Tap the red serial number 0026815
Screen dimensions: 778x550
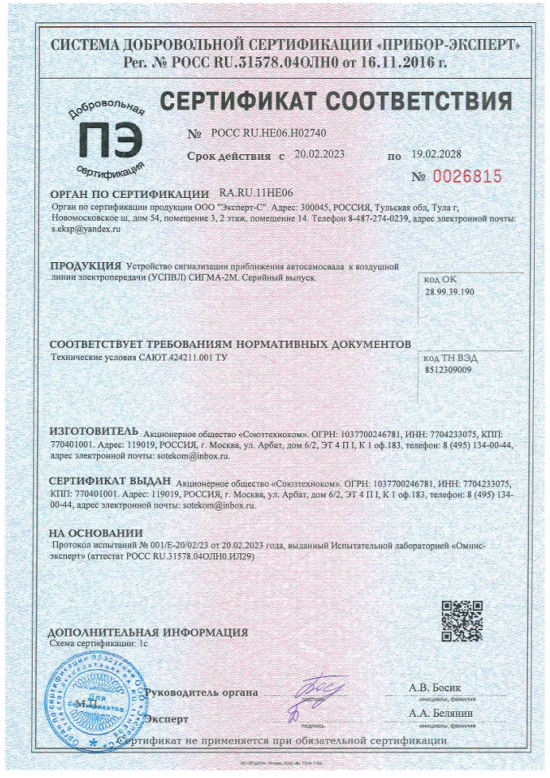467,176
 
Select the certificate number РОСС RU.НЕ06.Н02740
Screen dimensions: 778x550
269,133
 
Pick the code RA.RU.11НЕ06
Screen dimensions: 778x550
256,193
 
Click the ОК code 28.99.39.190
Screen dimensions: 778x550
450,292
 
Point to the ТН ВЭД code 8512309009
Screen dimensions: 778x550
448,370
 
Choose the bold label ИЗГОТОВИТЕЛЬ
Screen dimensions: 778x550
94,432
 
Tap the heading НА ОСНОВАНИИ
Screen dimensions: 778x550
95,532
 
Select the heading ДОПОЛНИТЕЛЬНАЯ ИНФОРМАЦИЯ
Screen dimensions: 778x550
148,633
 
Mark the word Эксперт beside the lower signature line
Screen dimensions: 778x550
167,719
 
